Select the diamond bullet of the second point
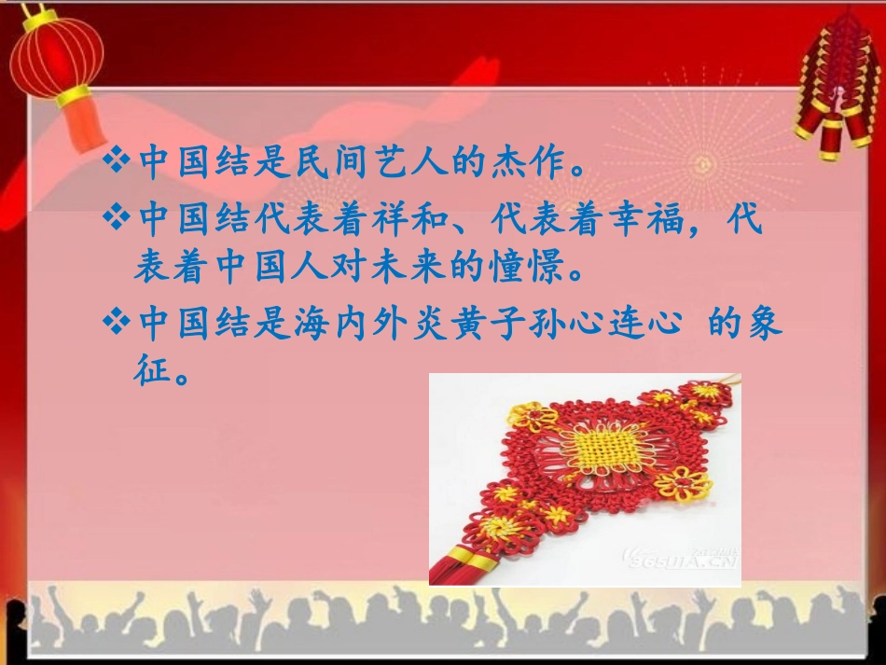[117, 221]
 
